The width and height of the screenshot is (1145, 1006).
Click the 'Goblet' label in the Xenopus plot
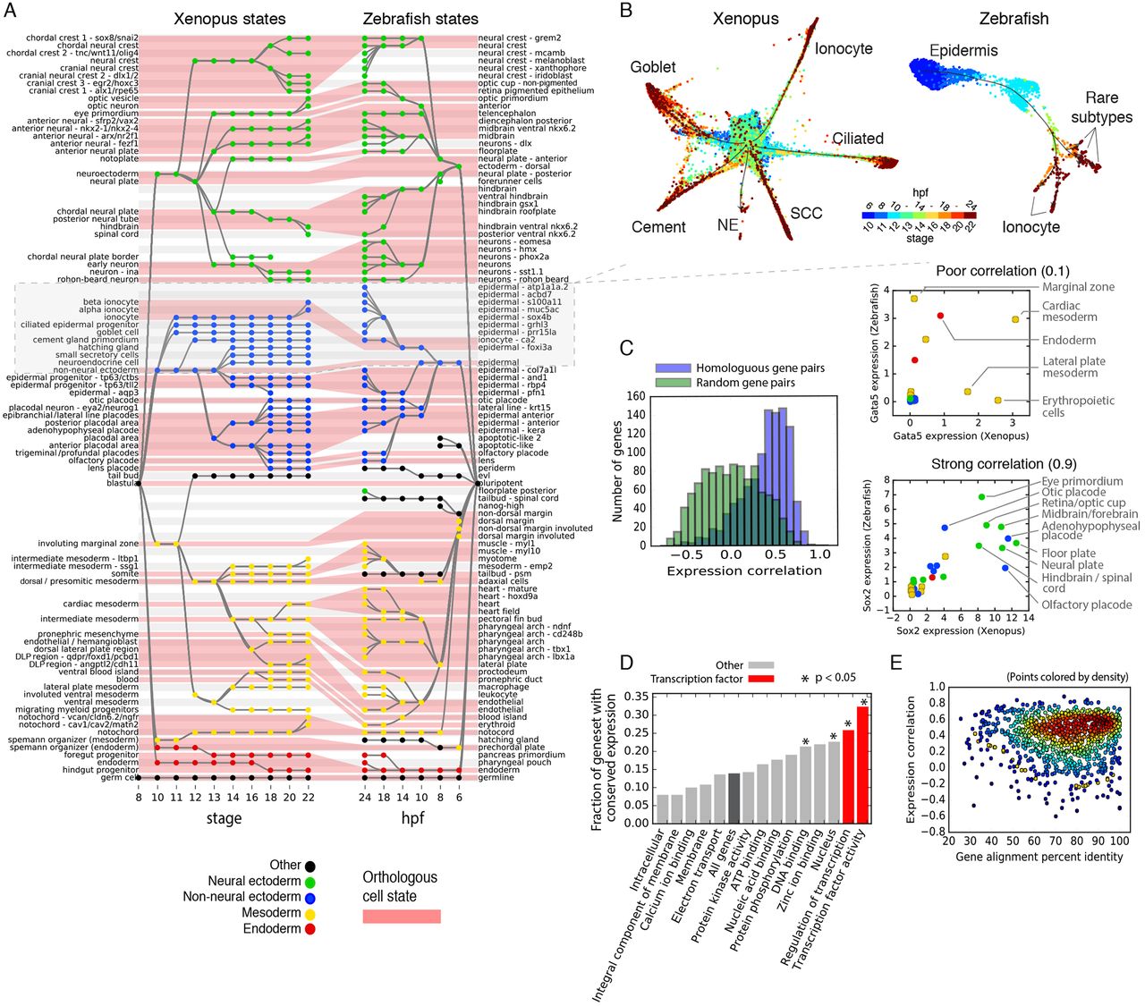click(x=653, y=67)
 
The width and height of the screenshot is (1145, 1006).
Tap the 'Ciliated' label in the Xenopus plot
click(x=858, y=139)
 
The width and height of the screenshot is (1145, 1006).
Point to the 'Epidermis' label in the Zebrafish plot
click(x=963, y=50)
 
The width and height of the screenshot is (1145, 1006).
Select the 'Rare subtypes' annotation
click(x=1102, y=107)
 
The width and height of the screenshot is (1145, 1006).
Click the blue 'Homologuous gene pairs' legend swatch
click(x=674, y=368)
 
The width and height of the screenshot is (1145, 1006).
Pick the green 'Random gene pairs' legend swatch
click(x=674, y=383)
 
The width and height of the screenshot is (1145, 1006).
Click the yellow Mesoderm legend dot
click(x=310, y=913)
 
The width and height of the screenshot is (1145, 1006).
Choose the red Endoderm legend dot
click(x=310, y=929)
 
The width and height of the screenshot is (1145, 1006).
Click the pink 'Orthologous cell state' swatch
click(x=401, y=916)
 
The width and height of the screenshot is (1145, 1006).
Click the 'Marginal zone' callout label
click(x=1078, y=287)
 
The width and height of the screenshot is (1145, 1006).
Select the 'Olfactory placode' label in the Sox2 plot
click(x=1087, y=604)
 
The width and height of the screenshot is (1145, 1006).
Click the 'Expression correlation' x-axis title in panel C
click(x=744, y=571)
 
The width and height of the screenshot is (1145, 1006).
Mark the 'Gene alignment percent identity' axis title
click(x=1039, y=857)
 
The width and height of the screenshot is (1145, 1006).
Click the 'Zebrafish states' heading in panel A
click(x=420, y=19)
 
